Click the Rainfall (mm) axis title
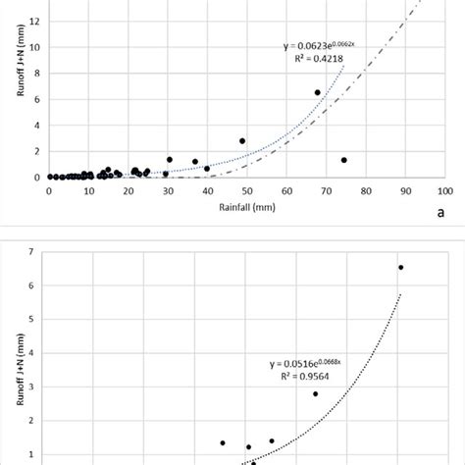point(245,207)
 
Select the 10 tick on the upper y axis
point(34,47)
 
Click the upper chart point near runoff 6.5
point(317,92)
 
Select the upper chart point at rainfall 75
point(344,160)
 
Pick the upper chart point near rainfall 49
point(242,140)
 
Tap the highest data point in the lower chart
point(400,267)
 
